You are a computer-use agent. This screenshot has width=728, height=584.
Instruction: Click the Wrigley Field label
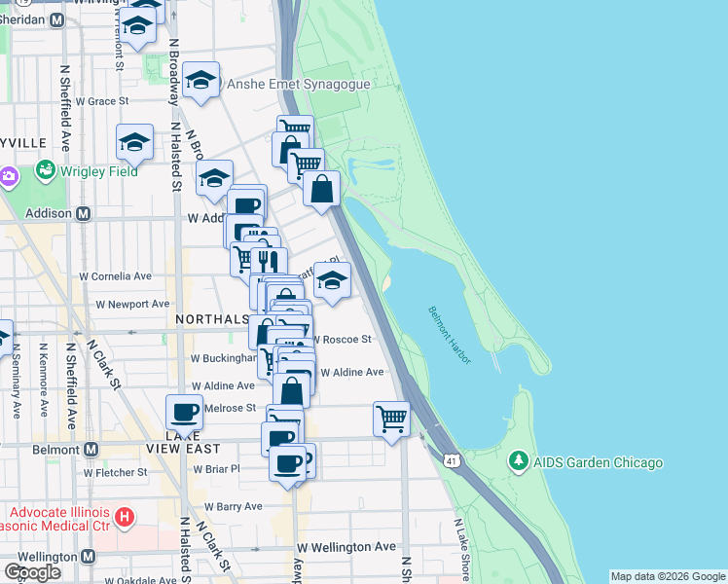[97, 172]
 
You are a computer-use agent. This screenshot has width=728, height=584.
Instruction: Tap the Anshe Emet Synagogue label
[299, 85]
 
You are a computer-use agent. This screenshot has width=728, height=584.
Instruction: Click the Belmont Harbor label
[450, 336]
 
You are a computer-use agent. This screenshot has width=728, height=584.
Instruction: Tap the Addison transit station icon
[84, 213]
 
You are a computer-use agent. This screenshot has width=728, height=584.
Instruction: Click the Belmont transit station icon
[91, 449]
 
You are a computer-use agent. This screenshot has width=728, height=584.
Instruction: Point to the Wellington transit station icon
[88, 557]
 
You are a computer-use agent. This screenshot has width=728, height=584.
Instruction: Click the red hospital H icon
[124, 515]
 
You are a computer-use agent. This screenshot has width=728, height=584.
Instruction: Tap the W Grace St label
[95, 101]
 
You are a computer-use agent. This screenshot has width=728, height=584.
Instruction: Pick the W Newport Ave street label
[132, 304]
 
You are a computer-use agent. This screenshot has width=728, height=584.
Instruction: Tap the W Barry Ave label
[234, 507]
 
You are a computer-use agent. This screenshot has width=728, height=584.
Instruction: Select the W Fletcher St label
[115, 472]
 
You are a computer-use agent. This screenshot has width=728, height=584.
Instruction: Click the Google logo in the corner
[32, 572]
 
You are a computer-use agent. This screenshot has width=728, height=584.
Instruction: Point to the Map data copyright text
[667, 576]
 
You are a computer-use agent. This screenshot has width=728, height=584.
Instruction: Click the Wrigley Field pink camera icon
[10, 177]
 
